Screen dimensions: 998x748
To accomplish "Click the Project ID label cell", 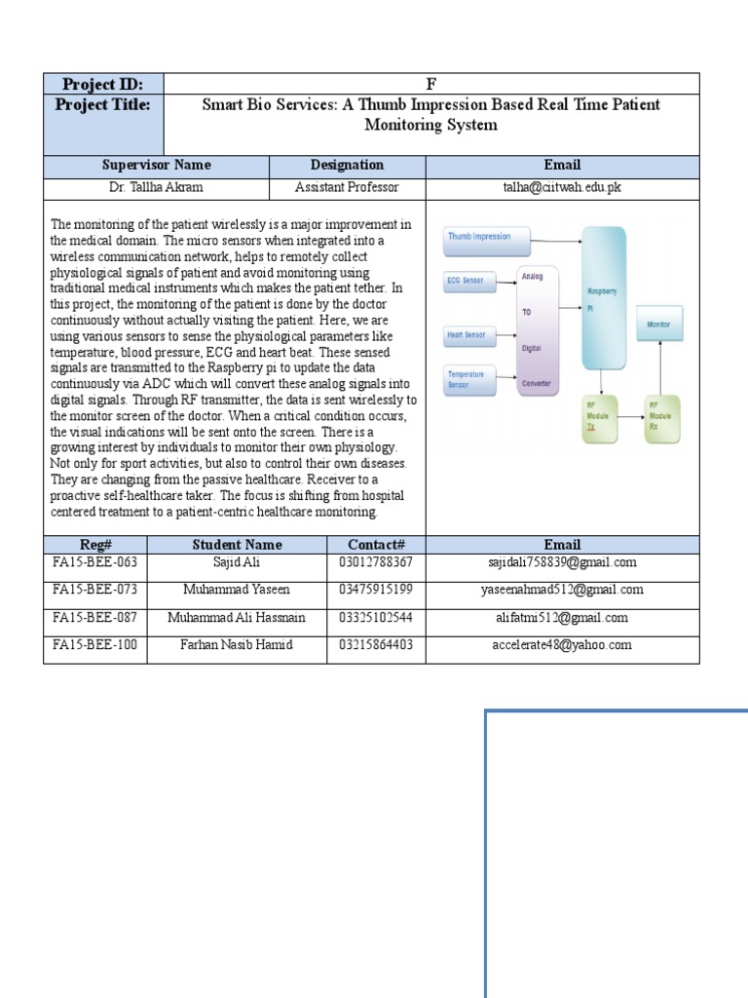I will click(x=103, y=83).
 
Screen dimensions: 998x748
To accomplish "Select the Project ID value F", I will click(x=430, y=83).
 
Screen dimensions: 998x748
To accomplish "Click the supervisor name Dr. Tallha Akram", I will click(x=156, y=187).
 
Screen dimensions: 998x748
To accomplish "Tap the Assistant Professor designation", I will click(x=347, y=187).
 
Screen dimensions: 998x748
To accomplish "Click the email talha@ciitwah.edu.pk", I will click(x=562, y=187).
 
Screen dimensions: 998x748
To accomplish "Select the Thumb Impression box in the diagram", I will click(x=487, y=236).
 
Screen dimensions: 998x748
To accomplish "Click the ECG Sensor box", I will click(x=467, y=281).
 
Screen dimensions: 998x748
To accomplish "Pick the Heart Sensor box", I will click(x=467, y=334).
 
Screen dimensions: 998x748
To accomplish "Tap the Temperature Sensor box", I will click(x=467, y=379).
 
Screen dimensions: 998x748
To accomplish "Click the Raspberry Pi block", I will click(x=604, y=297).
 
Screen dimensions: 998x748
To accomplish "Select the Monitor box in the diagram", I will click(x=659, y=323).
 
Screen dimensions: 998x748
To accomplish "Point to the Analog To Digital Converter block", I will click(x=537, y=329).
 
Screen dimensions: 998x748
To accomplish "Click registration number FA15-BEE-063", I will click(x=94, y=562).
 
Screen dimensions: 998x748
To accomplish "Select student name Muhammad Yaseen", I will click(x=236, y=590).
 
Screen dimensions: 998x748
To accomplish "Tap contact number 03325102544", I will click(x=376, y=617).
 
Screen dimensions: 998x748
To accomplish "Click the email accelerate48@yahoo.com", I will click(x=562, y=644).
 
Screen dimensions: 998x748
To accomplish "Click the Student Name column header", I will click(x=237, y=545).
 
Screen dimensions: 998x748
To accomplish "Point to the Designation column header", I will click(x=347, y=165).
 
